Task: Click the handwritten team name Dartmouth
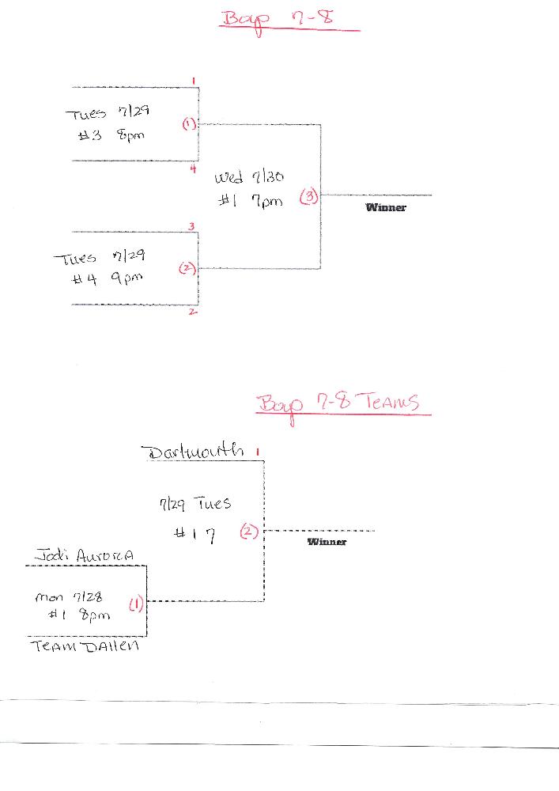pyautogui.click(x=193, y=452)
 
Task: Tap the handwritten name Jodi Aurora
pyautogui.click(x=85, y=556)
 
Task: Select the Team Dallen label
pyautogui.click(x=85, y=646)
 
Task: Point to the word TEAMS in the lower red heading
pyautogui.click(x=390, y=403)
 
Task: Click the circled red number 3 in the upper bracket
pyautogui.click(x=308, y=198)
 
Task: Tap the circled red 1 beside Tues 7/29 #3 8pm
pyautogui.click(x=189, y=124)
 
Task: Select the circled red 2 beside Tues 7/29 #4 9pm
pyautogui.click(x=187, y=268)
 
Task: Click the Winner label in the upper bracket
pyautogui.click(x=386, y=207)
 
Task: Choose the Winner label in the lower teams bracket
pyautogui.click(x=327, y=542)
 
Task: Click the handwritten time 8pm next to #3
pyautogui.click(x=130, y=135)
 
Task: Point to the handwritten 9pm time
pyautogui.click(x=127, y=278)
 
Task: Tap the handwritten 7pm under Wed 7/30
pyautogui.click(x=266, y=202)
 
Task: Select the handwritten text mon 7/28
pyautogui.click(x=69, y=597)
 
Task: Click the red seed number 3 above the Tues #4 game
pyautogui.click(x=192, y=227)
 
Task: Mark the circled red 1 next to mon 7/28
pyautogui.click(x=135, y=606)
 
